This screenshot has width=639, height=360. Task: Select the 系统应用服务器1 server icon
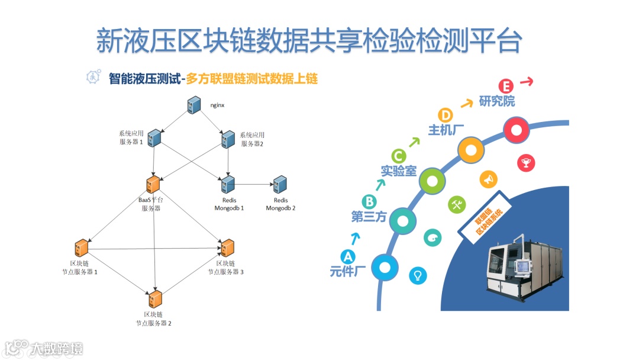coord(154,138)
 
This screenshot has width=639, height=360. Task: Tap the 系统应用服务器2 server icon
coord(228,139)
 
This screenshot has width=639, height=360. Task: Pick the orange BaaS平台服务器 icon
coord(153,184)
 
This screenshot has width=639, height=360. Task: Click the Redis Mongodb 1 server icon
coord(228,185)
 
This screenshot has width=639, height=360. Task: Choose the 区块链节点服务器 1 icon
coord(82,248)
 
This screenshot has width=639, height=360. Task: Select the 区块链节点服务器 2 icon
coord(156,298)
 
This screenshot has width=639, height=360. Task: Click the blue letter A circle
coord(348,257)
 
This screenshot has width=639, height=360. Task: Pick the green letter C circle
coord(398,156)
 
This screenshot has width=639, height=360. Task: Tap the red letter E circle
coord(505,86)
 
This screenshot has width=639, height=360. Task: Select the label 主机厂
coord(442,130)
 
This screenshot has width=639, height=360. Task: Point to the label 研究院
coord(497,101)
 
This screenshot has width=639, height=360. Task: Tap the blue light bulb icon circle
coord(418,275)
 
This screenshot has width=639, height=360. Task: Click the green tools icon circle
coord(457,204)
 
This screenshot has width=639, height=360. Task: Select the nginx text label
coord(217,105)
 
